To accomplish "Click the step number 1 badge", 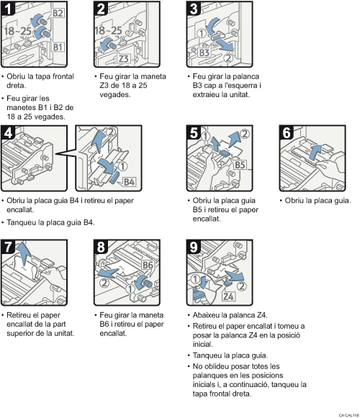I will pos(9,9).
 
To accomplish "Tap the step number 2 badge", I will pos(102,9).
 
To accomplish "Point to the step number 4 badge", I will pos(9,133).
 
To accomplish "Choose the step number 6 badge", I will pos(287,133).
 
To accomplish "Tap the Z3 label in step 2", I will pos(123,58).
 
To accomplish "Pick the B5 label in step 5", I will pos(242,165).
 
